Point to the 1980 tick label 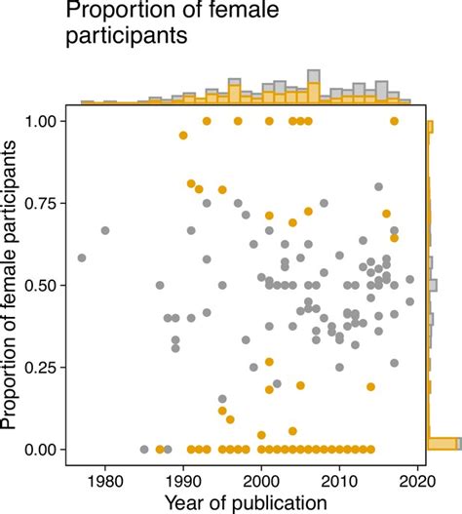[x=105, y=479]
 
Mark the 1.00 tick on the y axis [x=51, y=121]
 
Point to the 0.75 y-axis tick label [x=51, y=203]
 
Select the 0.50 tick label [x=51, y=285]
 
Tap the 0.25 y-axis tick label [x=51, y=367]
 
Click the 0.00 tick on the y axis [x=51, y=449]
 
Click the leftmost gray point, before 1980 [x=82, y=257]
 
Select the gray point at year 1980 [x=105, y=230]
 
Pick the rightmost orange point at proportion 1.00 [x=395, y=121]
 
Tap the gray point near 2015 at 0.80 [x=379, y=186]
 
